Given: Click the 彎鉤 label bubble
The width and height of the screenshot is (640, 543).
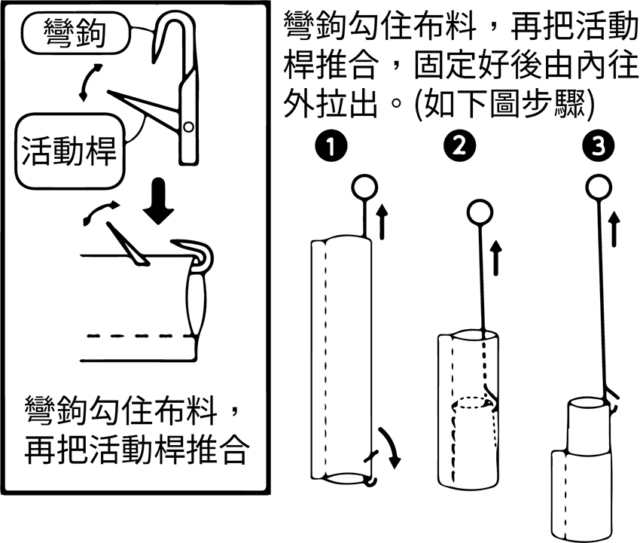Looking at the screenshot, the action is click(x=76, y=33).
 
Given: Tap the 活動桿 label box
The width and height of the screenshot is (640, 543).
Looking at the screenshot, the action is click(x=69, y=151).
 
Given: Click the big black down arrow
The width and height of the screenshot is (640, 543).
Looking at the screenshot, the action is click(x=159, y=201).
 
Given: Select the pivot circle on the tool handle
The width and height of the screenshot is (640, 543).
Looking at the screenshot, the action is click(x=188, y=127).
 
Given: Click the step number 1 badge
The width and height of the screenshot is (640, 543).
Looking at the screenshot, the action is click(x=331, y=146).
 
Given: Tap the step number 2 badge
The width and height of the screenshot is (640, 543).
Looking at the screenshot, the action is click(x=459, y=146).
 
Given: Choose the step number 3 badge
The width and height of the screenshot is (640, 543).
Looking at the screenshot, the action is click(x=598, y=146).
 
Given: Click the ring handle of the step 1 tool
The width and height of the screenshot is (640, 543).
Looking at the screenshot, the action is click(x=364, y=188).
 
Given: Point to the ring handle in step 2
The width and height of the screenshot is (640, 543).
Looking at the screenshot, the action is click(x=480, y=213).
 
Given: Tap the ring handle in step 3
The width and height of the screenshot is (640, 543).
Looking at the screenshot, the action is click(x=599, y=188).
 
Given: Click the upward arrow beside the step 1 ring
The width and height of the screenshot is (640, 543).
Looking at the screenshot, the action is click(x=382, y=221).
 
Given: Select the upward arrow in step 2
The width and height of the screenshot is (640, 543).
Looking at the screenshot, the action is click(x=495, y=258).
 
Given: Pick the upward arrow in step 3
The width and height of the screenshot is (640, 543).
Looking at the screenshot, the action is click(x=614, y=230).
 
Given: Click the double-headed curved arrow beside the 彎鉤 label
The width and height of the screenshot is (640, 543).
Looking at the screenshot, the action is click(x=90, y=82).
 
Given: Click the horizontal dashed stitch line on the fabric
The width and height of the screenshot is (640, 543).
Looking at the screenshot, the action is click(x=139, y=336).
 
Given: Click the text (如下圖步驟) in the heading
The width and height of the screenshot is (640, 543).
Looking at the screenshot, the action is click(x=504, y=104).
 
